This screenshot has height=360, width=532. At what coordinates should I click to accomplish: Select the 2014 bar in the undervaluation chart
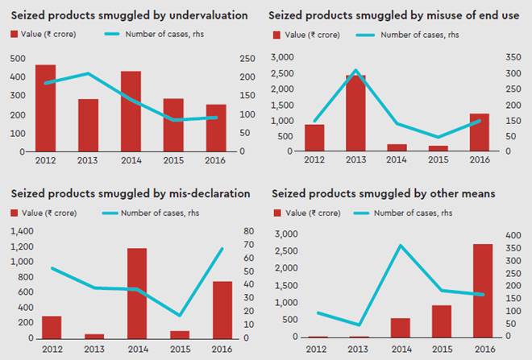tap(131, 111)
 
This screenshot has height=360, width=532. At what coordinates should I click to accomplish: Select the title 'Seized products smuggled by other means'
tap(384, 193)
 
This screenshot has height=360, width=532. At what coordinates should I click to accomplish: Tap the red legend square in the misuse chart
tap(278, 35)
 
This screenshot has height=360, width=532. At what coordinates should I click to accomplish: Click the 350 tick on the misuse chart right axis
tap(513, 57)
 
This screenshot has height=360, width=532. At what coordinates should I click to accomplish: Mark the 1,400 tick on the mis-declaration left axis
tap(22, 231)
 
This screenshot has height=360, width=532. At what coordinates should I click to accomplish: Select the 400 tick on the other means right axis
tap(513, 234)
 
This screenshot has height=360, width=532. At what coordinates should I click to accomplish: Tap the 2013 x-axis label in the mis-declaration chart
tap(94, 348)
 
